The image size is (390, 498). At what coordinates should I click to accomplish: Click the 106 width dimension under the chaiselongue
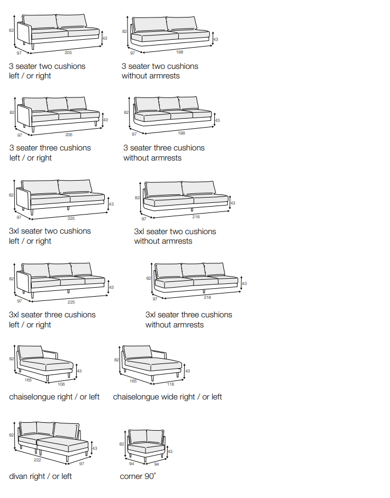click(x=61, y=384)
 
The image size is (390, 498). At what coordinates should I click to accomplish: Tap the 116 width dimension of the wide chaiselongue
click(x=170, y=384)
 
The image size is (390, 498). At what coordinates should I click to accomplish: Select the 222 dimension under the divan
click(x=38, y=460)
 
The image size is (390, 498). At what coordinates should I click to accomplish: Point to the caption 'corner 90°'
click(x=138, y=476)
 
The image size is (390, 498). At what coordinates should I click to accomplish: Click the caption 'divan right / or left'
click(x=40, y=476)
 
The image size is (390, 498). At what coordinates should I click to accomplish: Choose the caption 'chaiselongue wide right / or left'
click(x=167, y=397)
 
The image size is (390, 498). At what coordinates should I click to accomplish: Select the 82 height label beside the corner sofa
click(x=122, y=444)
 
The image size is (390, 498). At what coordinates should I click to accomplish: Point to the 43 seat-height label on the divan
click(x=95, y=448)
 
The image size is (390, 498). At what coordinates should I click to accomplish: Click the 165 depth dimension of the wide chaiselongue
click(x=133, y=380)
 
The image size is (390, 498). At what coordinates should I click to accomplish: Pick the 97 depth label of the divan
click(x=81, y=464)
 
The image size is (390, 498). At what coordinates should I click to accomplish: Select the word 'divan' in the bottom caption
click(x=19, y=476)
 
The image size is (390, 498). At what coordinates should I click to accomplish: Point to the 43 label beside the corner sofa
click(x=170, y=451)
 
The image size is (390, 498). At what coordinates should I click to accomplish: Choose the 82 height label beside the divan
click(x=12, y=435)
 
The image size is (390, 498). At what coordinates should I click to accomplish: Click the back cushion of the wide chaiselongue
click(x=137, y=352)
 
